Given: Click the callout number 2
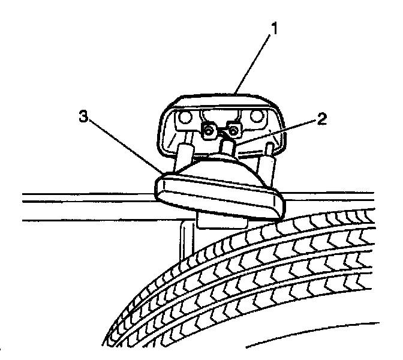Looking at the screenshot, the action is click(321, 118).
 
